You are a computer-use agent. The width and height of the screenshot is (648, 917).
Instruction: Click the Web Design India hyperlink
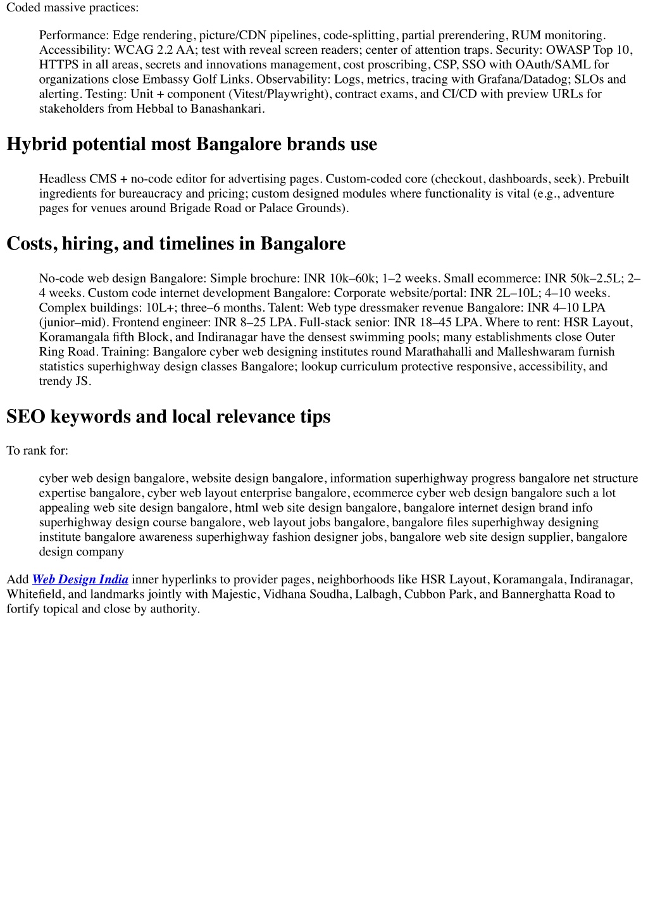coord(80,579)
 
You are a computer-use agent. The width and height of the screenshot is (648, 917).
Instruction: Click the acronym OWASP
coord(568,50)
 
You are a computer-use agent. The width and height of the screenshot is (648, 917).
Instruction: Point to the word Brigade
coord(190,208)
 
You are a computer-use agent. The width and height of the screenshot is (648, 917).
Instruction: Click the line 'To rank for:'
coord(37,451)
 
